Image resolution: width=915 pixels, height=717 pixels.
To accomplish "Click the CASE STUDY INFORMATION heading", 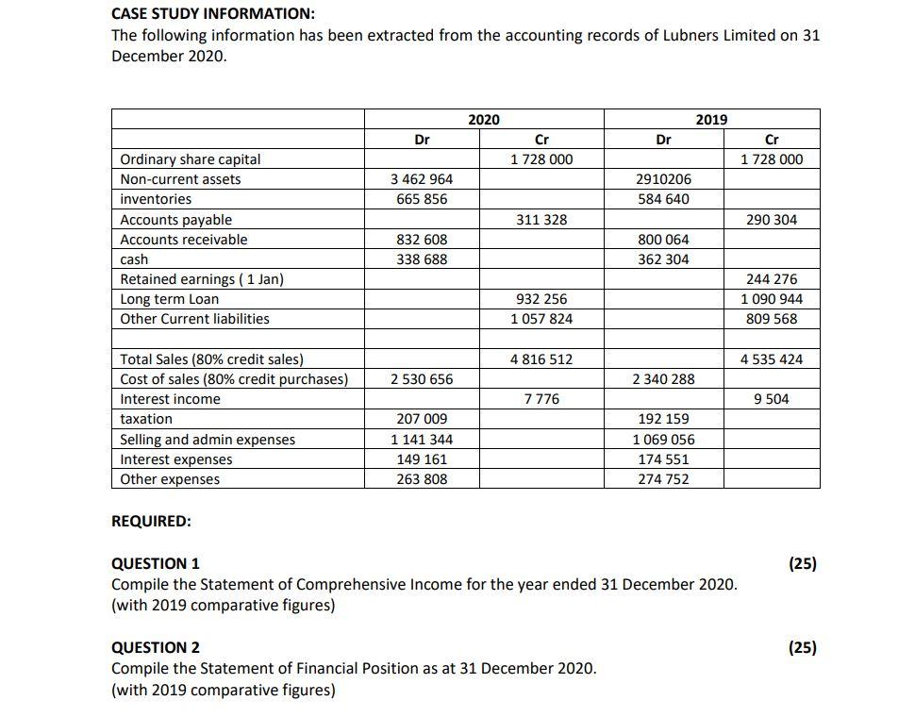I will (213, 14).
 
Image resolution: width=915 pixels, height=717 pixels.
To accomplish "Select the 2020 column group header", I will (484, 119).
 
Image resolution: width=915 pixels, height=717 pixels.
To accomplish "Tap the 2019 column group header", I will (711, 119).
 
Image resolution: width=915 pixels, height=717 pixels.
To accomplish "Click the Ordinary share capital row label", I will (191, 159).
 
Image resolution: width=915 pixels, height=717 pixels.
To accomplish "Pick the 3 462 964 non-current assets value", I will (422, 179).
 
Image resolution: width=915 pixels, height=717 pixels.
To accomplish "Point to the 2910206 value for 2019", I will (663, 179).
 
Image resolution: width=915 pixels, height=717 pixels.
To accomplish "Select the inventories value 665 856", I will (422, 199).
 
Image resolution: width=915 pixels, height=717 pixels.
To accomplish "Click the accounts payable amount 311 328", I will (541, 220).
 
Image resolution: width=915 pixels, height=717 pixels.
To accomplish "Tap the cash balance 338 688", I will (422, 259).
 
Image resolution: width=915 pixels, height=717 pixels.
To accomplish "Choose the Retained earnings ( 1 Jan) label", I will (202, 279).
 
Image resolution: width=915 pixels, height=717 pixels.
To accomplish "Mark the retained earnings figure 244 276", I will (771, 279).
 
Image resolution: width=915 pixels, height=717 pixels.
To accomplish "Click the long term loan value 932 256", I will (541, 299).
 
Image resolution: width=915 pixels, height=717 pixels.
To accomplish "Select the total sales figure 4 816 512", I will (541, 359).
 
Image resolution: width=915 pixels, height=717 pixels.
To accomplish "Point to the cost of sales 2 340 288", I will (663, 379).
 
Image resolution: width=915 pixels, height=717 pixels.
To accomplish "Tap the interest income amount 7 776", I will (541, 399).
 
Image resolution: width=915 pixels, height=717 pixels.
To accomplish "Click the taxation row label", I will (146, 419).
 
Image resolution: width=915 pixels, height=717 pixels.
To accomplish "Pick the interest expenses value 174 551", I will (663, 459).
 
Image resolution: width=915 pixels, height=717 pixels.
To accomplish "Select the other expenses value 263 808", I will (422, 479).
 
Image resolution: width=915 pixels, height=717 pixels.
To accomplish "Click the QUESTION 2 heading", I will (156, 647).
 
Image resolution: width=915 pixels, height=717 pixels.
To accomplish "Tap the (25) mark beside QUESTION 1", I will (802, 564).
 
